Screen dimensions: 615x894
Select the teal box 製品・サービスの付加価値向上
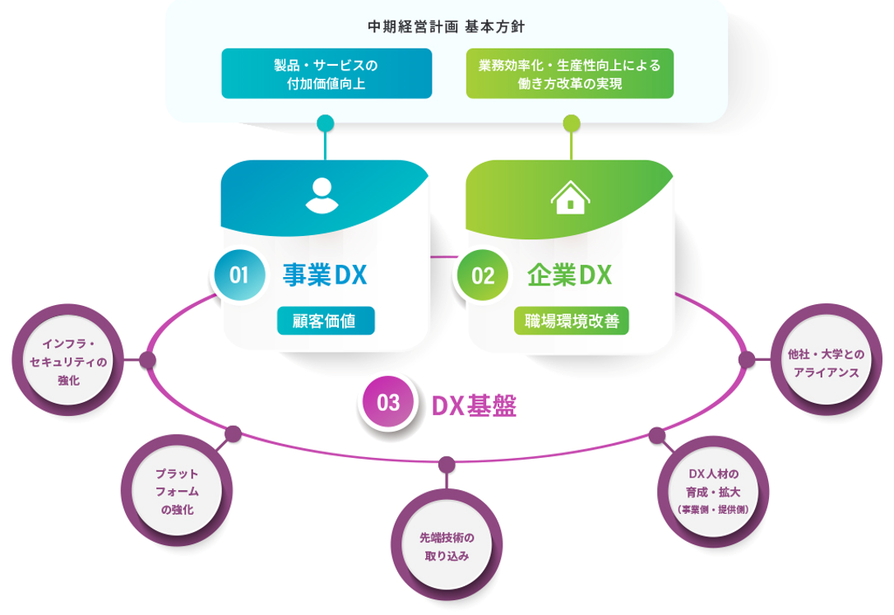coord(327,73)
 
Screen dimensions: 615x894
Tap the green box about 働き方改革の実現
coord(570,73)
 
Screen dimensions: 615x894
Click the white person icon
coord(322,196)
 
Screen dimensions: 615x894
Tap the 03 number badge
coord(388,403)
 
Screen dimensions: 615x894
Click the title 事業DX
coord(324,275)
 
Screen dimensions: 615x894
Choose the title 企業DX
coord(570,275)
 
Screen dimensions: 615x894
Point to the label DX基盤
coord(475,405)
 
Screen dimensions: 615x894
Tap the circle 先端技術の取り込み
coord(447,547)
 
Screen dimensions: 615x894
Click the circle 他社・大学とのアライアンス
coord(825,362)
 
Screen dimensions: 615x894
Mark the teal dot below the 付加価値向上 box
coord(325,124)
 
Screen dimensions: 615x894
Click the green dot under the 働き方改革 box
coord(571,124)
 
